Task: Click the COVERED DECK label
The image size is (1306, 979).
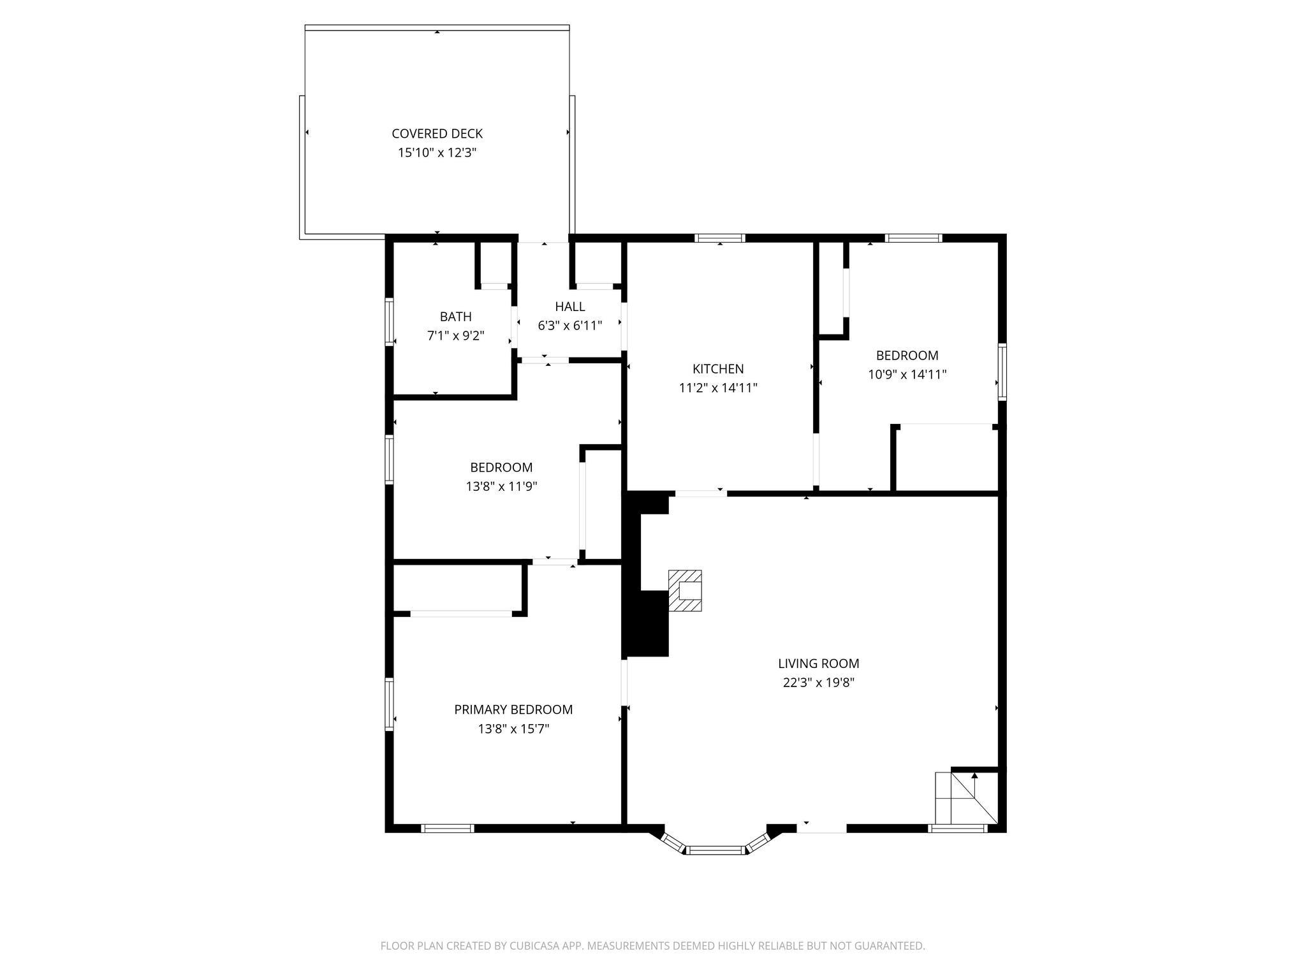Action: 437,133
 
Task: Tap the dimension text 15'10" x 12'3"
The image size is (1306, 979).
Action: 437,153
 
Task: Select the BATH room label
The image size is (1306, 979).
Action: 455,316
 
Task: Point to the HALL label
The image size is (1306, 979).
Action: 569,307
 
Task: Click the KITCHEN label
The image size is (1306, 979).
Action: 718,368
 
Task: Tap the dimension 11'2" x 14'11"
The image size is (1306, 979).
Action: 718,388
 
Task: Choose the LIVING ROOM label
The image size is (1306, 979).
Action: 818,664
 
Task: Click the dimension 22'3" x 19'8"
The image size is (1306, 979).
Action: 818,683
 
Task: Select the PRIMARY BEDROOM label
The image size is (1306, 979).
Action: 513,709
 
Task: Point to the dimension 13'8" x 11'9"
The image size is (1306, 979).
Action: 501,486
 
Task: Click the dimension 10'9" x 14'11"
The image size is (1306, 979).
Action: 907,375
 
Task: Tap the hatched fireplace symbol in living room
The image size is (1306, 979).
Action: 686,591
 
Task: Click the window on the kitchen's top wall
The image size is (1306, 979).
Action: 720,238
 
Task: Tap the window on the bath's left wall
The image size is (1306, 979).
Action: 389,322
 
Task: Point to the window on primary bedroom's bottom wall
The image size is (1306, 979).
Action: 448,829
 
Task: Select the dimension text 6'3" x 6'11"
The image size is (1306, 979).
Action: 569,326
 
